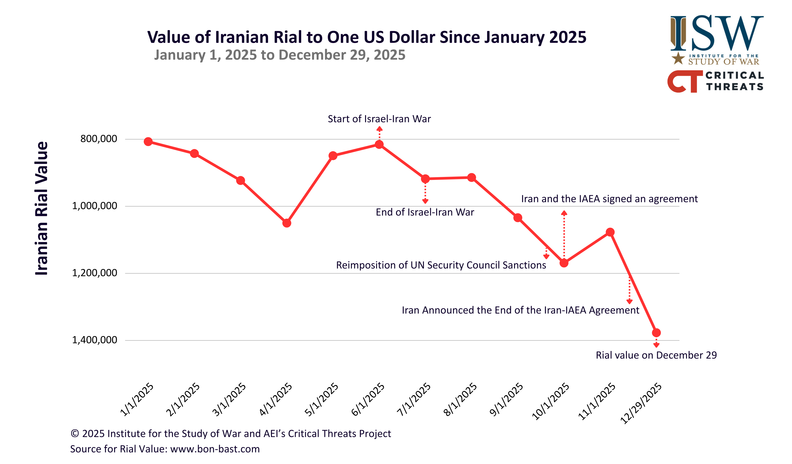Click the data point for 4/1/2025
click(x=287, y=223)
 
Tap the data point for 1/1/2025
click(x=148, y=142)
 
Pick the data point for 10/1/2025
click(x=564, y=263)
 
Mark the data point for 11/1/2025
click(x=610, y=232)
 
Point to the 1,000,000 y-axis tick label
click(x=95, y=206)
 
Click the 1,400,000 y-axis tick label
click(x=95, y=340)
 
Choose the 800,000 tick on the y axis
click(x=99, y=139)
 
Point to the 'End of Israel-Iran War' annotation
click(x=425, y=212)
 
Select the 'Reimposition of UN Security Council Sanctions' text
click(x=441, y=265)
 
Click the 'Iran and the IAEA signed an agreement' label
click(x=609, y=199)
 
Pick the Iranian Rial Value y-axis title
click(x=42, y=208)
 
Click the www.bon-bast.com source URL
click(x=215, y=449)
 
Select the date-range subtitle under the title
click(x=279, y=55)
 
